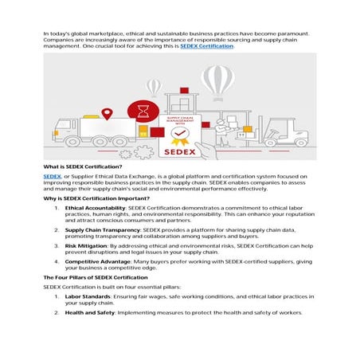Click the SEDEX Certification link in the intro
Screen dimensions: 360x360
pos(207,46)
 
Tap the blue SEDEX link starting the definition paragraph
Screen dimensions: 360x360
pos(52,174)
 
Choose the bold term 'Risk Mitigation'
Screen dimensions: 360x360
pos(84,246)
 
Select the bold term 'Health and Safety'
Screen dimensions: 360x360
pos(89,313)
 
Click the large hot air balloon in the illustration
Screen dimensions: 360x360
pos(217,80)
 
